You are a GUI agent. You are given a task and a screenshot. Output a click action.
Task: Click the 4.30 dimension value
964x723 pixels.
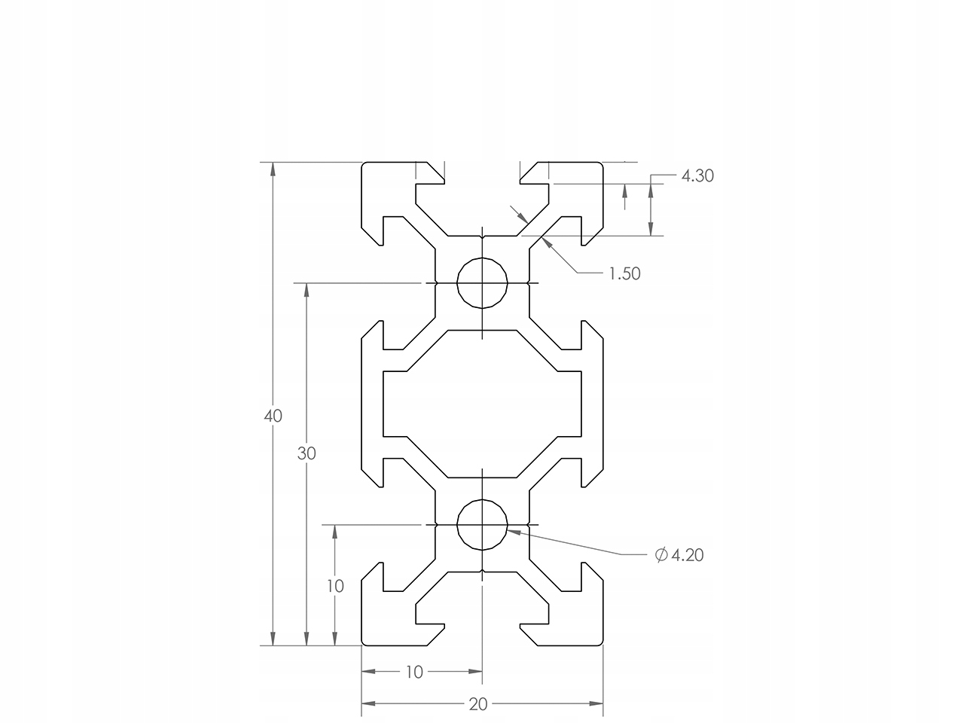pyautogui.click(x=697, y=176)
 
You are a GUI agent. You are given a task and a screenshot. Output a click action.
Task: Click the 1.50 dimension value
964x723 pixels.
pyautogui.click(x=624, y=274)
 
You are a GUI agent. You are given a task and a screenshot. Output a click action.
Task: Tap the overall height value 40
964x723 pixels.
pyautogui.click(x=273, y=416)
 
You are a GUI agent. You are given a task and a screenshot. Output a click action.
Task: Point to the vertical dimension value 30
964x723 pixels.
pyautogui.click(x=307, y=453)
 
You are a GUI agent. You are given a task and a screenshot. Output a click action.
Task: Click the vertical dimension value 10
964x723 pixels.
pyautogui.click(x=335, y=586)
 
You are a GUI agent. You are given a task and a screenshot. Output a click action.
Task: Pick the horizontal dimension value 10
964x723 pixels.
pyautogui.click(x=414, y=672)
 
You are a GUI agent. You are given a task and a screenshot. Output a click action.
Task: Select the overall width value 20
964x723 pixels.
pyautogui.click(x=478, y=705)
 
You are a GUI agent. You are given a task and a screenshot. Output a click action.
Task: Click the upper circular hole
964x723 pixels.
pyautogui.click(x=482, y=283)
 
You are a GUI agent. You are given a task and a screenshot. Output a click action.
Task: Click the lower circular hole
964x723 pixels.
pyautogui.click(x=482, y=524)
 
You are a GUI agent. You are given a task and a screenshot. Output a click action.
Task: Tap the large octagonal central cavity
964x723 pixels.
pyautogui.click(x=482, y=404)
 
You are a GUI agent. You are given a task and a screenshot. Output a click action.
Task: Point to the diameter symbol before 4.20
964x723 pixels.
pyautogui.click(x=661, y=556)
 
